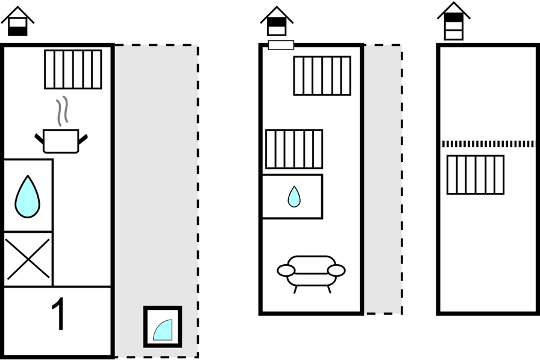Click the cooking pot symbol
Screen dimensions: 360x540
pyautogui.click(x=61, y=141)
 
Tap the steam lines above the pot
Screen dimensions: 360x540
pyautogui.click(x=61, y=110)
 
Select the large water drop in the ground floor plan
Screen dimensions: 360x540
pyautogui.click(x=27, y=197)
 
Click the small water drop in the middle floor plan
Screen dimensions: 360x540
pyautogui.click(x=294, y=197)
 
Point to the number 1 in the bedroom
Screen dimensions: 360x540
pyautogui.click(x=58, y=315)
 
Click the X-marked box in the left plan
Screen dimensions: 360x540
pyautogui.click(x=28, y=259)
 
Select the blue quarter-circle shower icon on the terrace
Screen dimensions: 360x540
pyautogui.click(x=163, y=327)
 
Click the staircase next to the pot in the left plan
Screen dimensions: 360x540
pyautogui.click(x=73, y=69)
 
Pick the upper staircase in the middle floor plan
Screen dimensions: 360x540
pyautogui.click(x=322, y=75)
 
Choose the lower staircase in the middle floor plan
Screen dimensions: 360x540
pyautogui.click(x=294, y=149)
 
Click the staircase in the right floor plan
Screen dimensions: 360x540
pyautogui.click(x=475, y=174)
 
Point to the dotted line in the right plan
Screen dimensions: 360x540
pyautogui.click(x=488, y=144)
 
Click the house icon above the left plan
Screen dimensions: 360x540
pyautogui.click(x=17, y=22)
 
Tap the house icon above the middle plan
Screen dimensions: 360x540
pyautogui.click(x=276, y=22)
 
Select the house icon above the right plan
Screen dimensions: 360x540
pyautogui.click(x=453, y=21)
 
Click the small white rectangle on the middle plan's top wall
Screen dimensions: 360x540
pyautogui.click(x=281, y=45)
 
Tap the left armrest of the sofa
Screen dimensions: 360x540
pyautogui.click(x=286, y=271)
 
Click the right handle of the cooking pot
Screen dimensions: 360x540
pyautogui.click(x=83, y=139)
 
